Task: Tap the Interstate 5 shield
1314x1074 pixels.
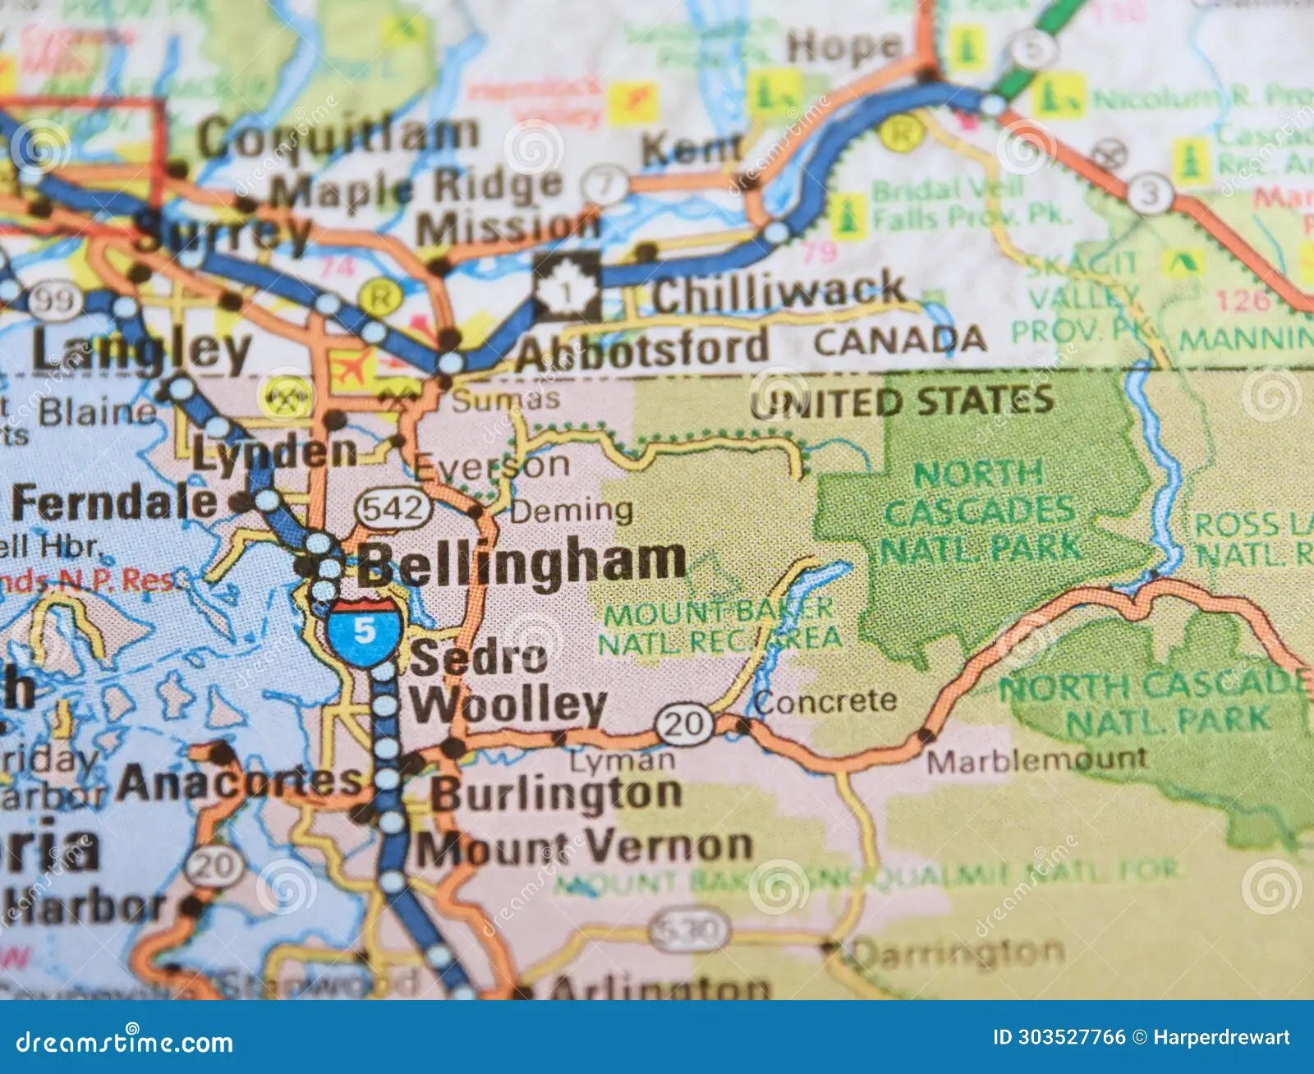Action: [365, 631]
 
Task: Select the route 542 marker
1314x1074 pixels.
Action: [393, 509]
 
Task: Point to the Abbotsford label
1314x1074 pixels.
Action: [642, 350]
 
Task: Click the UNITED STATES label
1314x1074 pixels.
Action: [901, 402]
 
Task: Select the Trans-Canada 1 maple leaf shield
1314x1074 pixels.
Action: [567, 287]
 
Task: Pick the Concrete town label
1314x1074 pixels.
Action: [825, 702]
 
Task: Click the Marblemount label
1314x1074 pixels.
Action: [1036, 760]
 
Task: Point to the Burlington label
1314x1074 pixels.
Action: [557, 794]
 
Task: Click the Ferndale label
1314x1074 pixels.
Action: [115, 503]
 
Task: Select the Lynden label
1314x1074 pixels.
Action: [274, 452]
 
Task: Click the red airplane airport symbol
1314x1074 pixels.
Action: [350, 366]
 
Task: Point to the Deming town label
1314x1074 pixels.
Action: [572, 512]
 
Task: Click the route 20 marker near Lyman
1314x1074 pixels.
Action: [683, 723]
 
